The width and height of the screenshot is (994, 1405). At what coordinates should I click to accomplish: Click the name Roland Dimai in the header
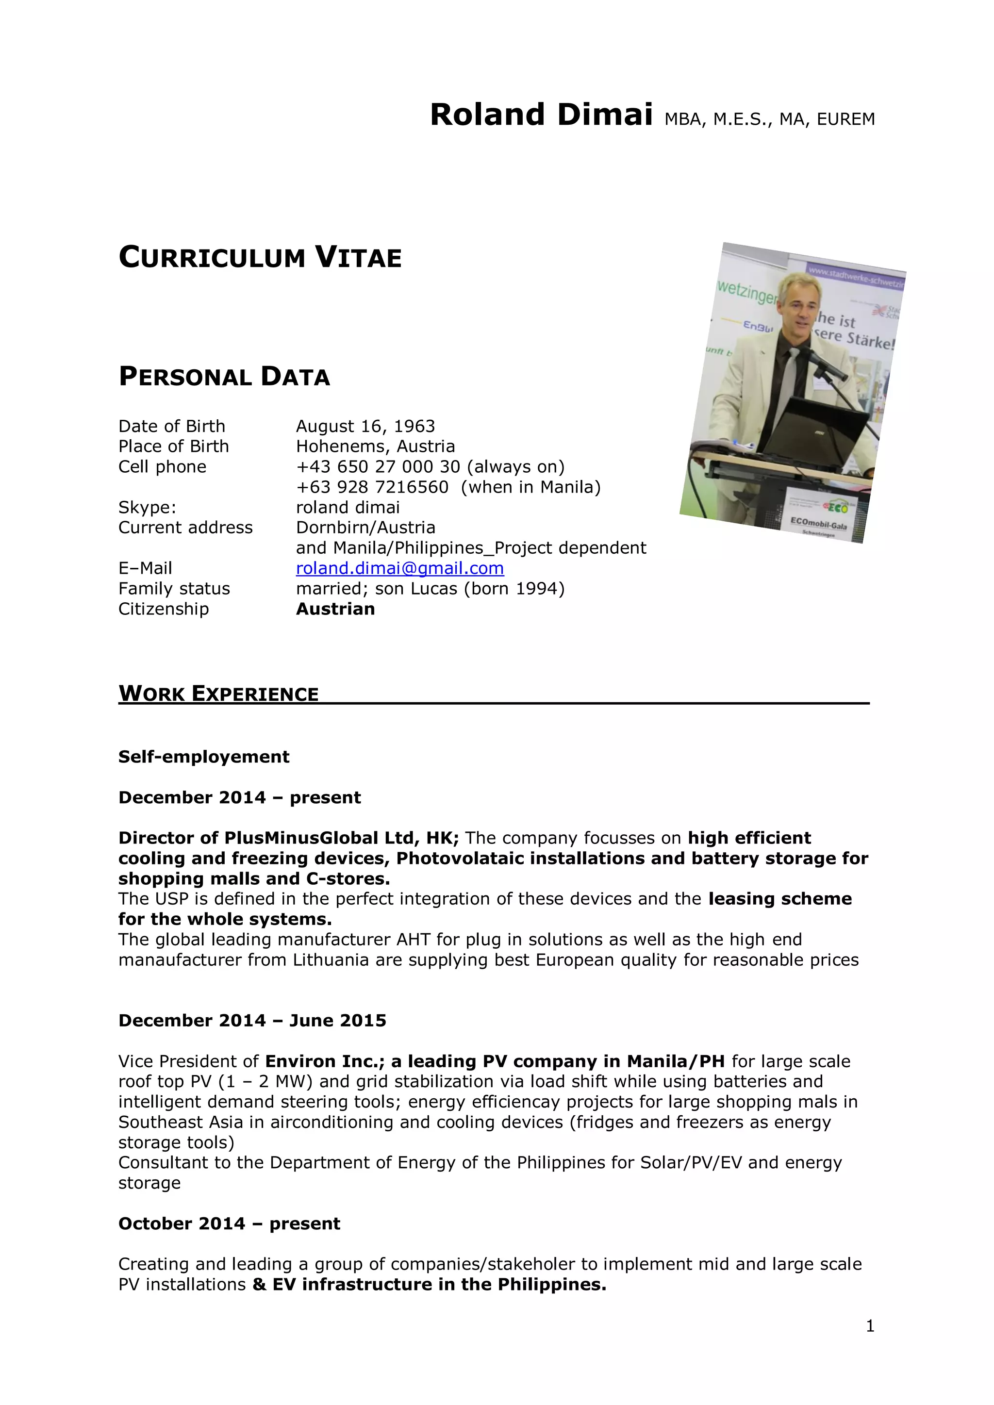pos(541,115)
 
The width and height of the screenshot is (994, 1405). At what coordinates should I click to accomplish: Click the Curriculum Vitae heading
pos(260,258)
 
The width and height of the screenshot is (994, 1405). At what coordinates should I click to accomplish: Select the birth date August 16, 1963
pos(365,426)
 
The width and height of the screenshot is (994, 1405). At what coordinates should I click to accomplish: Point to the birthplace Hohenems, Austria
pos(375,446)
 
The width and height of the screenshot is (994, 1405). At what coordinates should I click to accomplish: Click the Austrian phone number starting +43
pos(378,466)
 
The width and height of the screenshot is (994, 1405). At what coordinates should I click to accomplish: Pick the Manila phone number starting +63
pos(372,487)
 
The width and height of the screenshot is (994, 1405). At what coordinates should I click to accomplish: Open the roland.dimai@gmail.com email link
pos(399,568)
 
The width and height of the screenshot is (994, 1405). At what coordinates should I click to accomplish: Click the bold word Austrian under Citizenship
pos(335,609)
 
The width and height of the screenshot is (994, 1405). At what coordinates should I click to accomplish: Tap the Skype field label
pos(147,507)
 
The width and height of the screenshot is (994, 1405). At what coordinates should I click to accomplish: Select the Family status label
pos(174,589)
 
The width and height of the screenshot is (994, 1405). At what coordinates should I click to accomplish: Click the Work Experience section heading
pos(218,694)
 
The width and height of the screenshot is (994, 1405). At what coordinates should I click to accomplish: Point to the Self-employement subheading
pos(204,757)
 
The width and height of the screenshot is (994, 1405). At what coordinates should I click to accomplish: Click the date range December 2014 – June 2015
pos(252,1021)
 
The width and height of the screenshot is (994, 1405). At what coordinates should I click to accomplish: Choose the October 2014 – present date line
pos(229,1223)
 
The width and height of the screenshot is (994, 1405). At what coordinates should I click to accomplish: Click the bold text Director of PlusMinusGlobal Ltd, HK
pos(288,838)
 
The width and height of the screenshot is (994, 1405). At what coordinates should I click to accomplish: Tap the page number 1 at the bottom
pos(870,1326)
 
